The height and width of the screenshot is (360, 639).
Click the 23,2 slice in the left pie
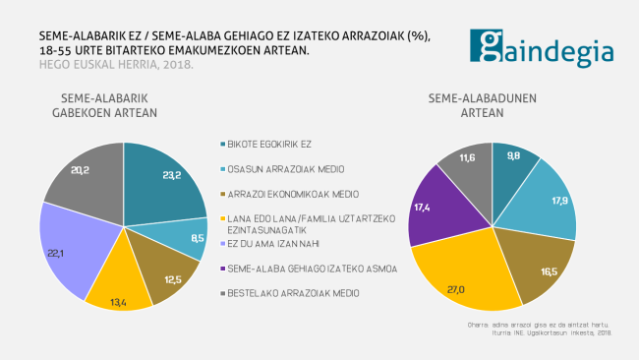pyautogui.click(x=157, y=182)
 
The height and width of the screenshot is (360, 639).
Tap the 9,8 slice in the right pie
pyautogui.click(x=512, y=160)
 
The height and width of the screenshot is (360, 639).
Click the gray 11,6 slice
pyautogui.click(x=469, y=160)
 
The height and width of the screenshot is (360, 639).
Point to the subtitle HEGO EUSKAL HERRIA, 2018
pyautogui.click(x=102, y=65)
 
